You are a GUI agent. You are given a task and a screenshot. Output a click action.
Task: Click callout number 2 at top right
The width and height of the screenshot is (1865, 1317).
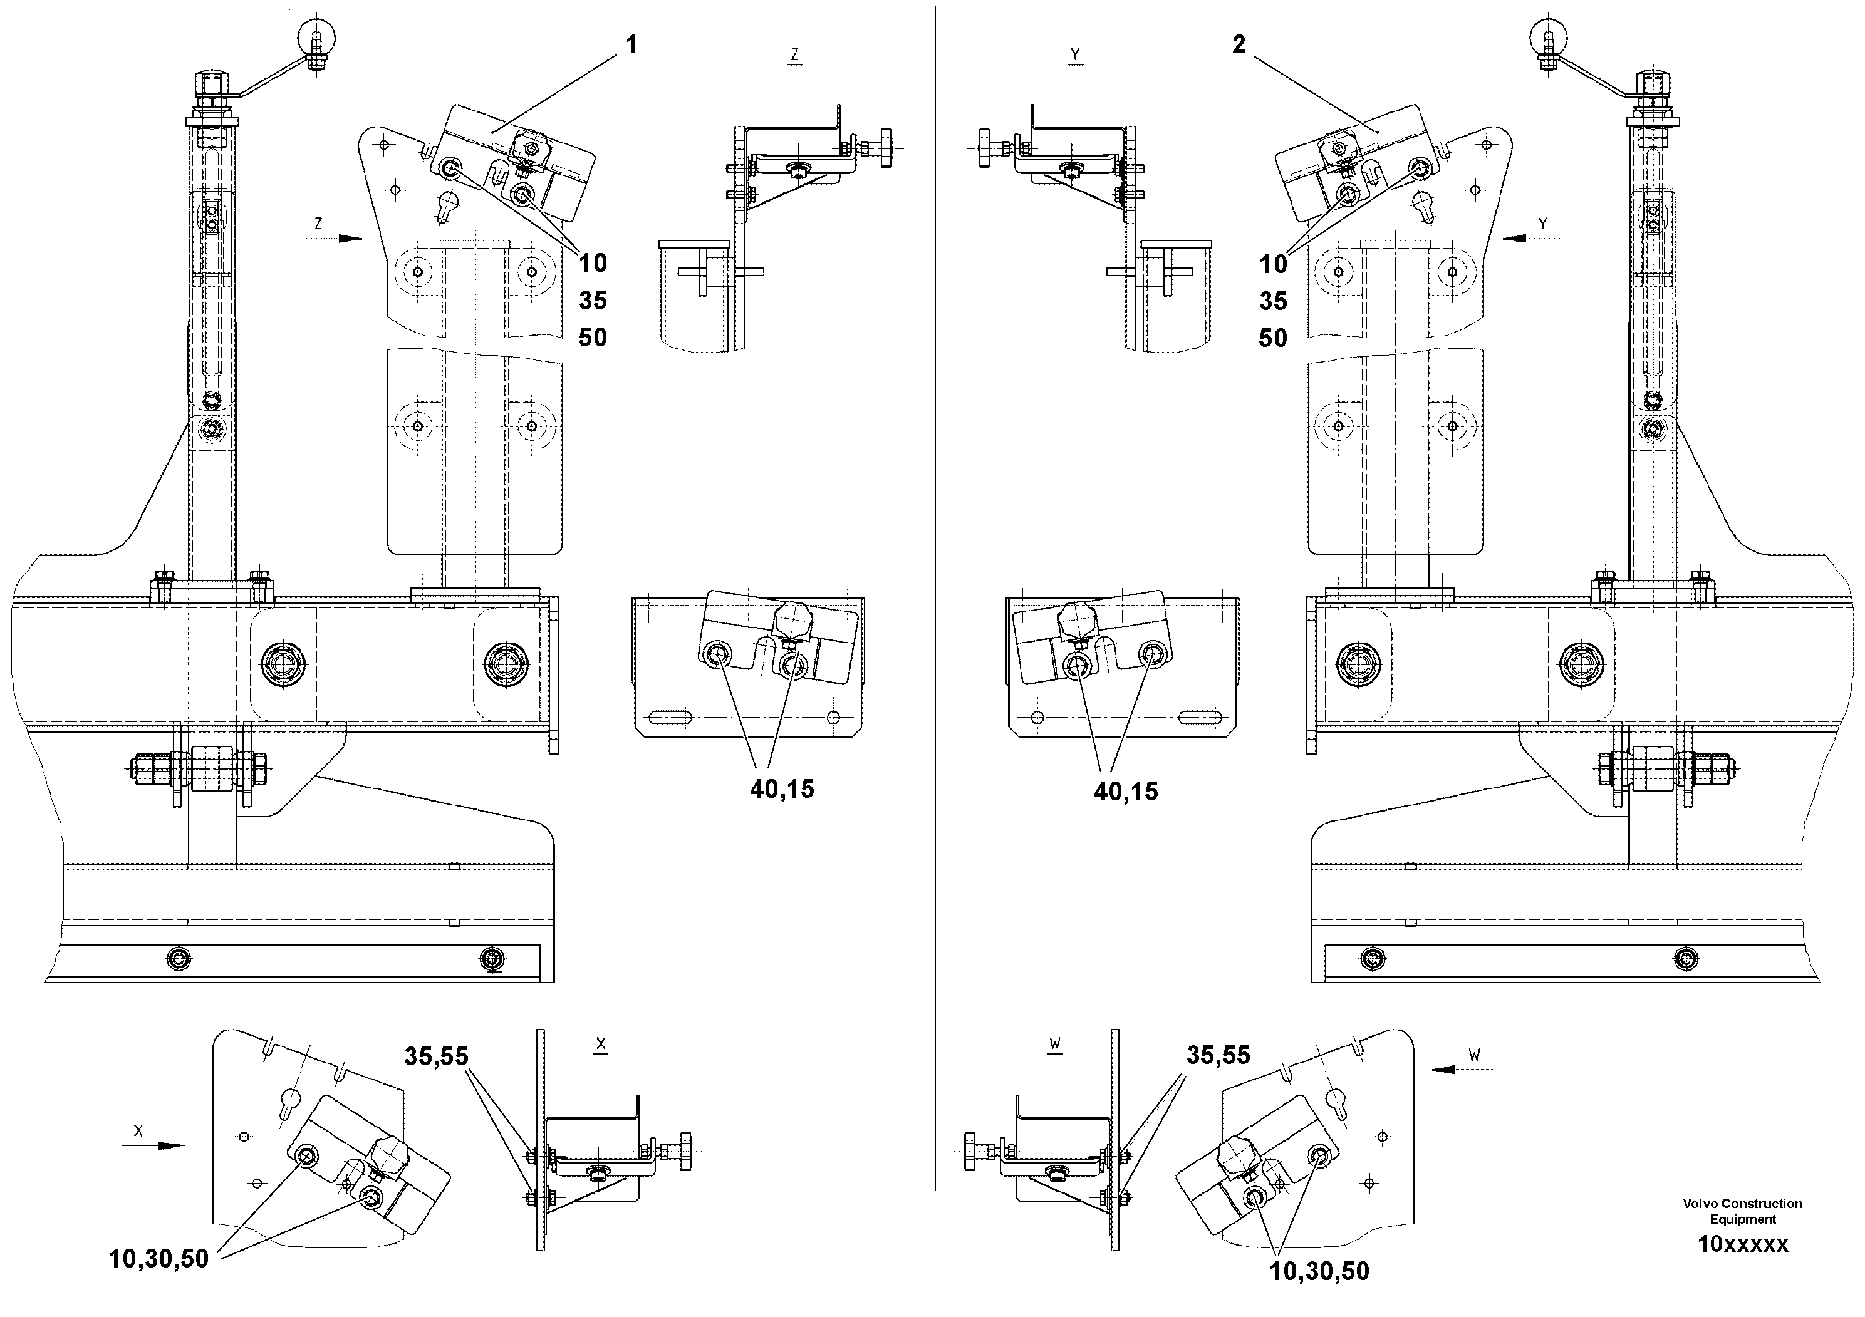1238,44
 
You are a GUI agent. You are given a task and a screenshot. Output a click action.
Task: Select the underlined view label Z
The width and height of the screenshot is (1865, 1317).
794,55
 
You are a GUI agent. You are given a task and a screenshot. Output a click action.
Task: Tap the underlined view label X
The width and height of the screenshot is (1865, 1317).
600,1044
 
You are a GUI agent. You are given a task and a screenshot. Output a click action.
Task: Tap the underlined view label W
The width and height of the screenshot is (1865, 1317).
1054,1044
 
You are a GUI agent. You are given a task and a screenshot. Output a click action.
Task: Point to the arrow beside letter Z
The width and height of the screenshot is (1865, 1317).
350,239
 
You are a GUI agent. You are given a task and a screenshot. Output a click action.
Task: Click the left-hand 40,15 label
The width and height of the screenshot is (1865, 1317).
781,789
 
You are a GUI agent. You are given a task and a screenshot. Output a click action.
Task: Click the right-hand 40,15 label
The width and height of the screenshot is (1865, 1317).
1126,792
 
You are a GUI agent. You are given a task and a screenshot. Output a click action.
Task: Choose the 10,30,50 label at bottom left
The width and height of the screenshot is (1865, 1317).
158,1259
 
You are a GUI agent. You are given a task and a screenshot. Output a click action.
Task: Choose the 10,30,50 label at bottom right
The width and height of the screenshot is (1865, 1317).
1319,1271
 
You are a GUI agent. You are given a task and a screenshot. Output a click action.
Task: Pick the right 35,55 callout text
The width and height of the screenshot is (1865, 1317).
1218,1056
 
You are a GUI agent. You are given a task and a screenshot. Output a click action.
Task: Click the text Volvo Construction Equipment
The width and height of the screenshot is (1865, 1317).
1742,1211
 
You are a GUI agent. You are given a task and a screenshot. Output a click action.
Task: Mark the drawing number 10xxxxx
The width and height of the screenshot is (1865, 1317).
1742,1244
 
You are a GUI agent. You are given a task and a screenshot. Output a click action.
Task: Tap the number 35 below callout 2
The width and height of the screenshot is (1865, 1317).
1273,301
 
